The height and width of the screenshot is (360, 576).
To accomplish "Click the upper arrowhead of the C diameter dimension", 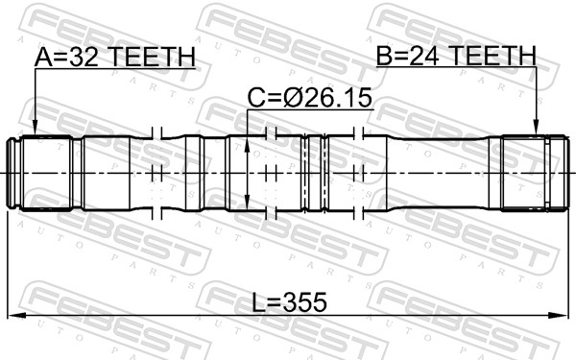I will click(x=249, y=141).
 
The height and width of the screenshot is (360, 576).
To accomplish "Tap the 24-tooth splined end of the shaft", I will click(x=526, y=172).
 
